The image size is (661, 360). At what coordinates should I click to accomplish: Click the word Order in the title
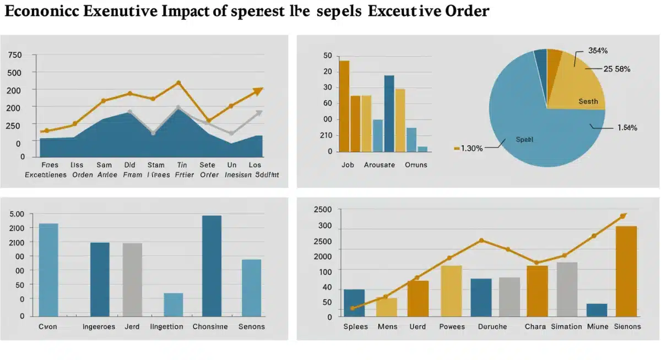(x=466, y=12)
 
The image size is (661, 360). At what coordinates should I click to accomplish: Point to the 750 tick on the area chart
(x=15, y=55)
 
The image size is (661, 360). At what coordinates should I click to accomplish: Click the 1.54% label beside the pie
(x=627, y=128)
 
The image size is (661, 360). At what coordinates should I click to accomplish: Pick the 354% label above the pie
(x=598, y=51)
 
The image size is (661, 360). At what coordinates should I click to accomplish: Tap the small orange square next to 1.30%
(x=457, y=148)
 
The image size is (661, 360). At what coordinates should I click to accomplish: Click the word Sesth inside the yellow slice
(x=588, y=101)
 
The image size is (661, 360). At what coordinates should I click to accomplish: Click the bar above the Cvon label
(x=48, y=270)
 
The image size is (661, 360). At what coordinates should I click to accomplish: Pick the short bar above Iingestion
(x=174, y=304)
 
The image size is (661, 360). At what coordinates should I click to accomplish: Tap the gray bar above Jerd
(x=132, y=280)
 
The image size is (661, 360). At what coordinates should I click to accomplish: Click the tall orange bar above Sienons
(x=626, y=271)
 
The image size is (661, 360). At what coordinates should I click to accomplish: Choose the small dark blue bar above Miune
(x=597, y=310)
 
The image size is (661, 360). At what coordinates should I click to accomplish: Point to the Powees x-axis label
(x=452, y=326)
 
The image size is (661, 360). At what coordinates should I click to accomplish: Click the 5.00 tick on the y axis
(x=17, y=214)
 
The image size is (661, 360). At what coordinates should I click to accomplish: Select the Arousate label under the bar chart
(x=380, y=165)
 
